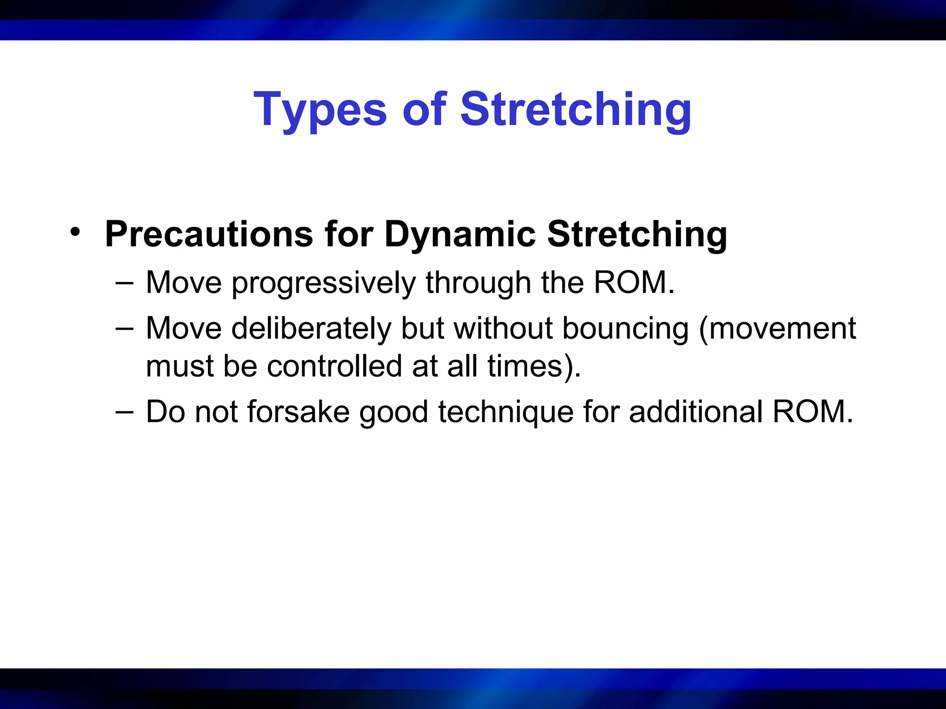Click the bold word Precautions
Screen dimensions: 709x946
click(x=209, y=234)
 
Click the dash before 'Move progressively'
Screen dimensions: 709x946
click(x=124, y=282)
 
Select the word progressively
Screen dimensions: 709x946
click(x=323, y=284)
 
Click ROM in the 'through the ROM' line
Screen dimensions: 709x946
click(x=633, y=282)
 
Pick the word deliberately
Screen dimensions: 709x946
click(x=311, y=329)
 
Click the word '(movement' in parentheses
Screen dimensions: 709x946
click(x=777, y=329)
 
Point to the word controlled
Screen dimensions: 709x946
click(x=334, y=366)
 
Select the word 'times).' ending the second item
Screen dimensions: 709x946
click(x=534, y=366)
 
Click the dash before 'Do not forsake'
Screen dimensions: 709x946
click(x=124, y=411)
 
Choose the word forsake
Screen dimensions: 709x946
click(x=298, y=411)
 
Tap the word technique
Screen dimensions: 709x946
click(x=506, y=412)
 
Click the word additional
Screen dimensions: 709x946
click(x=696, y=411)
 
